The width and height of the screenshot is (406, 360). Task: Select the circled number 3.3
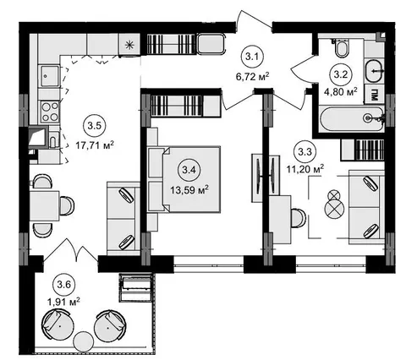click(x=305, y=152)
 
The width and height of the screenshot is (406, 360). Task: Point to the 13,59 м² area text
click(x=189, y=190)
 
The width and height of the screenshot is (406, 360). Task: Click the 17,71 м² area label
click(x=95, y=145)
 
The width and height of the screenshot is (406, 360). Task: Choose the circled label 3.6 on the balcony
click(x=64, y=285)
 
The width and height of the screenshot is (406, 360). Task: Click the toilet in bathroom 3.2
click(x=342, y=48)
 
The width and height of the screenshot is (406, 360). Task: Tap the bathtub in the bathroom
click(x=352, y=118)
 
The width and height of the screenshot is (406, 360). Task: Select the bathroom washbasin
click(x=375, y=71)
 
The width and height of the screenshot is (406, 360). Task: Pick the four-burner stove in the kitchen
click(x=50, y=112)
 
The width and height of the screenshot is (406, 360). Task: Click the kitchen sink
click(x=50, y=76)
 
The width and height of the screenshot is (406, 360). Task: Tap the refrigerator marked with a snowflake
click(x=129, y=45)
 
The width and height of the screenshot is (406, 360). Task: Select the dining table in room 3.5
click(x=44, y=206)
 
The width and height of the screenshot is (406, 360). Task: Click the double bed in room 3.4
click(x=184, y=179)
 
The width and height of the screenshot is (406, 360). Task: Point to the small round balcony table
click(x=83, y=341)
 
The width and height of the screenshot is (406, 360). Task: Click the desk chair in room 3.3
click(x=299, y=218)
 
